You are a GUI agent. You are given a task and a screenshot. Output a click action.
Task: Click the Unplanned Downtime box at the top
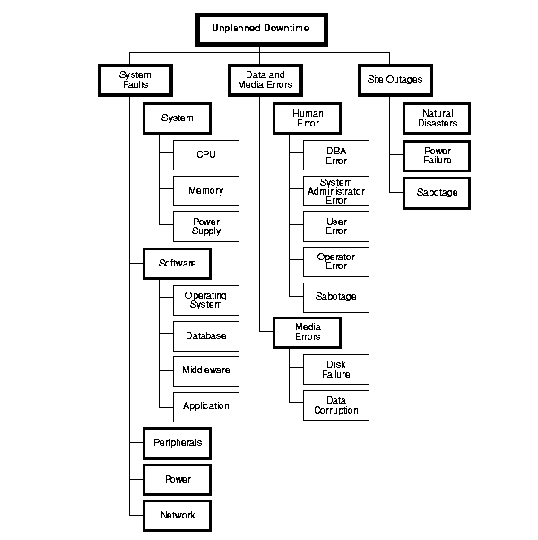pos(260,29)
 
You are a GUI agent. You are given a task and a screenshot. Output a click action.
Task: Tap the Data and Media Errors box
pos(260,79)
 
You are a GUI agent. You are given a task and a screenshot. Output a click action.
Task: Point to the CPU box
pos(206,154)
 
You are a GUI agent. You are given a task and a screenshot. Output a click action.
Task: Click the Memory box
pos(206,190)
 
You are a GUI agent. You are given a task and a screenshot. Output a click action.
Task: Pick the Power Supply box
pos(206,226)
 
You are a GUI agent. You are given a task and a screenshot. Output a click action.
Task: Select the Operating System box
pos(206,300)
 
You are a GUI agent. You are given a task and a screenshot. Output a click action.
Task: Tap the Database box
pos(206,335)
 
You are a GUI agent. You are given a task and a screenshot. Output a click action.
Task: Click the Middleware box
pos(206,370)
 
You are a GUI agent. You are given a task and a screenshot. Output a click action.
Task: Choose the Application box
pos(206,405)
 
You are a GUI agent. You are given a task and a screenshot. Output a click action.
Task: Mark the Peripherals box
pos(178,442)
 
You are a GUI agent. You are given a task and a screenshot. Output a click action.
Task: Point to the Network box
pos(178,516)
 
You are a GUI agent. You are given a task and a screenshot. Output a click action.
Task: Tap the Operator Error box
pos(335,261)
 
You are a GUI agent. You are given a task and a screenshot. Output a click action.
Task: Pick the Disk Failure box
pos(335,369)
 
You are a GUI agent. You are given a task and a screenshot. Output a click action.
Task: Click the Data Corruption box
pos(335,405)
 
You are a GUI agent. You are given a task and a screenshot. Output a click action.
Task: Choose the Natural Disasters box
pos(437,118)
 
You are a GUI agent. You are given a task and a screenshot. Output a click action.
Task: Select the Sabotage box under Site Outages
pos(437,192)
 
